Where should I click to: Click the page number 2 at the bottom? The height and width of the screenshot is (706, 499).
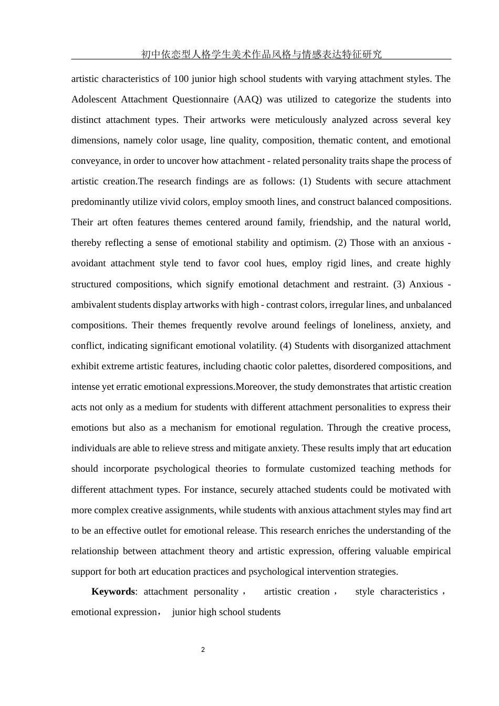[203, 650]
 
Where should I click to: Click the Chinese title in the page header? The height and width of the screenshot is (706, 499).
[261, 54]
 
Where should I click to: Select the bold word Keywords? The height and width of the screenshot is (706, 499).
[113, 591]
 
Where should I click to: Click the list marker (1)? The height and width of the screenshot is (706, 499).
[305, 181]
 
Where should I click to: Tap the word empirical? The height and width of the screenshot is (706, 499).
[427, 551]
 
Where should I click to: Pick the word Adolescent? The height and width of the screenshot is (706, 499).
[93, 99]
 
